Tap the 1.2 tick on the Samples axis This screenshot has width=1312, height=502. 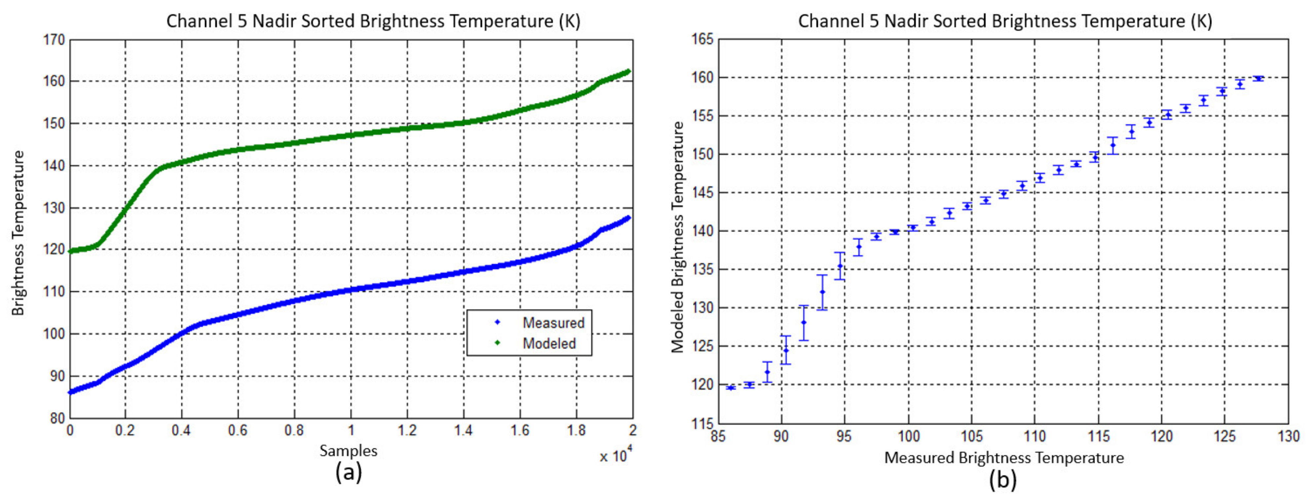(x=407, y=431)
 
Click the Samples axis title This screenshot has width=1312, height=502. (x=348, y=450)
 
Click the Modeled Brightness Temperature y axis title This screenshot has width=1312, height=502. (x=677, y=237)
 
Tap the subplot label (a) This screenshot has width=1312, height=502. (x=348, y=473)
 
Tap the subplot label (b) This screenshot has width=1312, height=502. (x=1002, y=480)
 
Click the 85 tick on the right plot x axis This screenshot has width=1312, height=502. (x=718, y=436)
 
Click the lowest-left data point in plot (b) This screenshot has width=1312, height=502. (x=731, y=388)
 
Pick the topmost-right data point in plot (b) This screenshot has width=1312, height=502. (x=1258, y=78)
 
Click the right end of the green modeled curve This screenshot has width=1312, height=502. (x=629, y=71)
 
